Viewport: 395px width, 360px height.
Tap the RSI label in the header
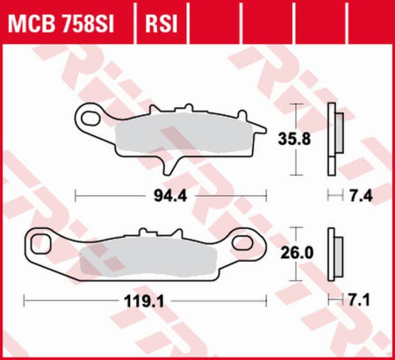pos(158,19)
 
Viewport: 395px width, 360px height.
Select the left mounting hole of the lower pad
pos(40,240)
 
